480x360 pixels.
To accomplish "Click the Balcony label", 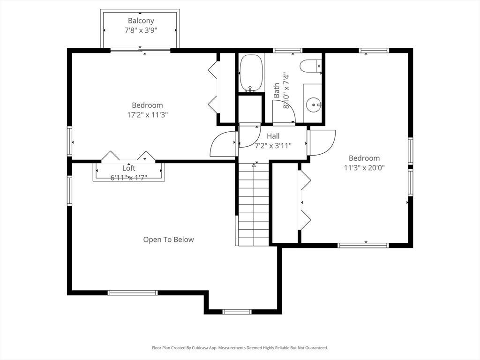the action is tap(141, 21).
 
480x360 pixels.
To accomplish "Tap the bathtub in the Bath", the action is tap(251, 73).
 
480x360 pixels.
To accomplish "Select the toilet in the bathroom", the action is tap(311, 66).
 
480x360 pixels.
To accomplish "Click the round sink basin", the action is tap(313, 105).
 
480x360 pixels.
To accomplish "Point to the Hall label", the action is tap(273, 136).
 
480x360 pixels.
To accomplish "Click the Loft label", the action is tap(128, 168).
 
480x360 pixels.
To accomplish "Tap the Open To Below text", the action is tap(168, 240).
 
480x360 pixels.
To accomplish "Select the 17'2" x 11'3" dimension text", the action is tap(148, 115).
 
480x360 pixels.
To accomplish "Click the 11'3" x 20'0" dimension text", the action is tap(364, 168).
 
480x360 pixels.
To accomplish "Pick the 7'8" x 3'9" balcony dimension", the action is tap(141, 30).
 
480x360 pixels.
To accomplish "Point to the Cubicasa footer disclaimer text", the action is tap(240, 348).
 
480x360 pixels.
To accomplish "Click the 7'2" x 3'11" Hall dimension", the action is tap(273, 146).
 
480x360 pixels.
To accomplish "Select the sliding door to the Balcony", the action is tap(140, 51).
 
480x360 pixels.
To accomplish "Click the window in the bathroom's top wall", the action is tap(287, 51).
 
